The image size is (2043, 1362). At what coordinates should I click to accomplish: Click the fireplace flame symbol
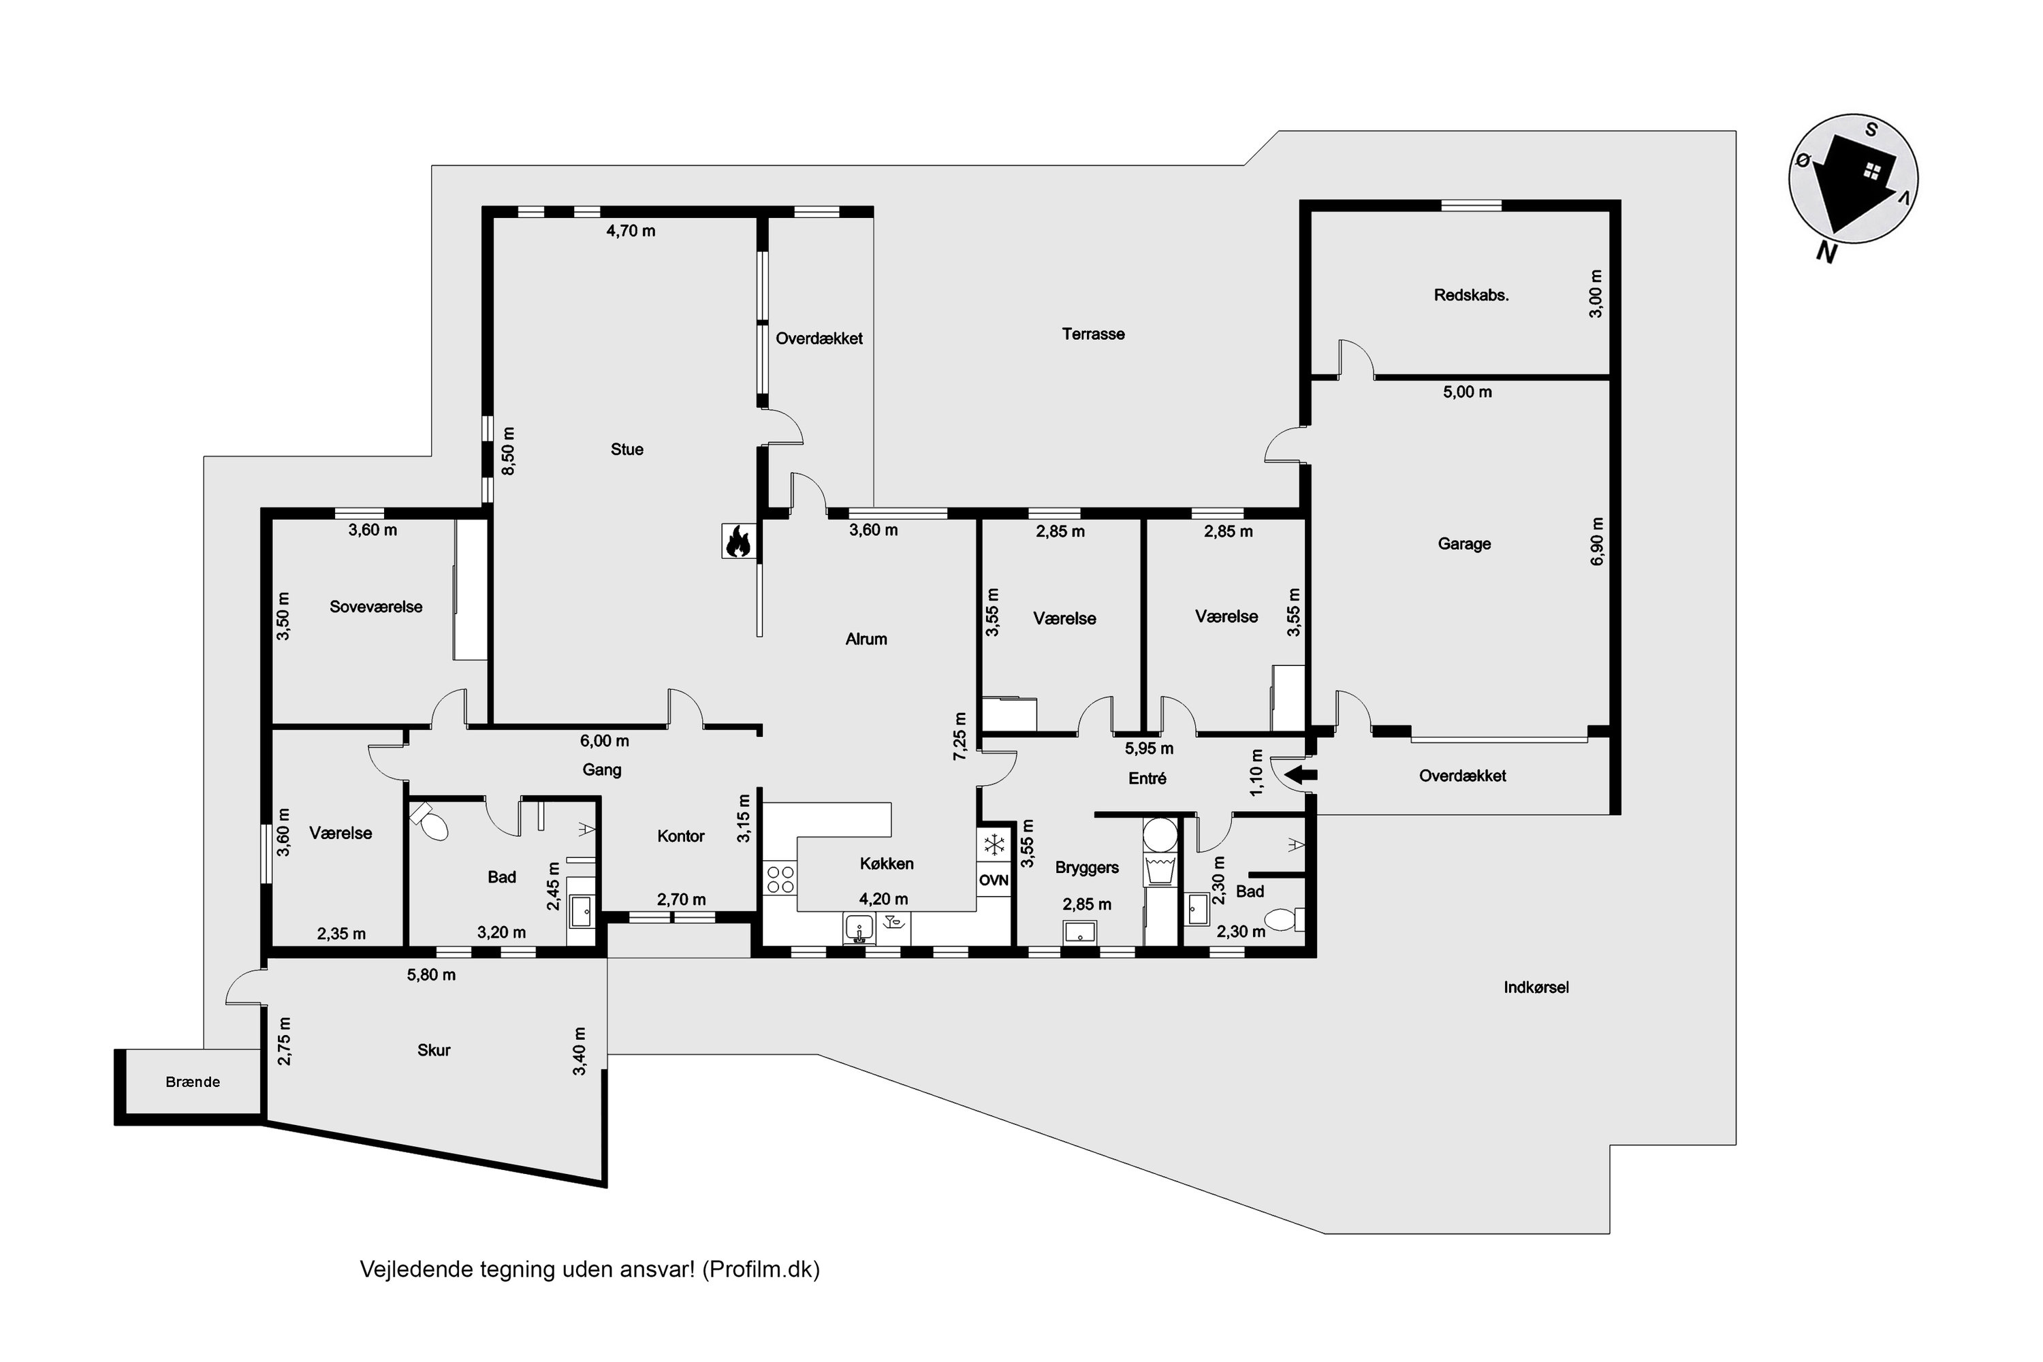[738, 541]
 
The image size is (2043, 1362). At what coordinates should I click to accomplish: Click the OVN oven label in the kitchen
[994, 880]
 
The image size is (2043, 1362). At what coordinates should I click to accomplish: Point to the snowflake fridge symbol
[994, 845]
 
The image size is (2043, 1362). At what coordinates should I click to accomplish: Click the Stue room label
[627, 449]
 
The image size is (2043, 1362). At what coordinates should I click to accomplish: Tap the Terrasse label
[1094, 334]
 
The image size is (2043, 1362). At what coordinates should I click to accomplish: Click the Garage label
[1465, 543]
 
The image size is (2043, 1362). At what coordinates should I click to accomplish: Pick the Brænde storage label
[193, 1081]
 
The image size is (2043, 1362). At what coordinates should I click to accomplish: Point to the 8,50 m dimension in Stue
[508, 451]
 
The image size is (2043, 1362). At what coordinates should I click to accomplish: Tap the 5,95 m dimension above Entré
[1150, 748]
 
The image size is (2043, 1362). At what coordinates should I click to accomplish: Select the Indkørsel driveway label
[1536, 987]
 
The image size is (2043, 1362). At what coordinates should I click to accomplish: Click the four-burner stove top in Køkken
[780, 879]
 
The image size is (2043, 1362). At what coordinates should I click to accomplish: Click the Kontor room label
[681, 836]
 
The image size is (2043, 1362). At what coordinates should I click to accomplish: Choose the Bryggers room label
[1087, 868]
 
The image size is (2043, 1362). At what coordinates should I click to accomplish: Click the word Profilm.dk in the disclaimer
[761, 1270]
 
